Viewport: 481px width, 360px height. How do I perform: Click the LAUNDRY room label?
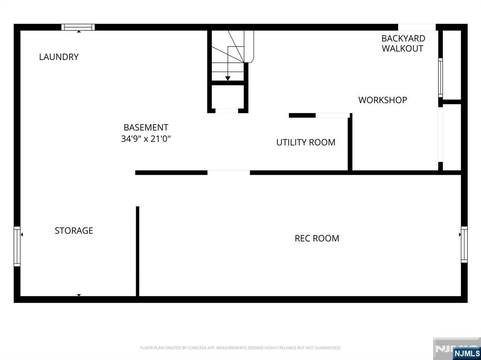(59, 57)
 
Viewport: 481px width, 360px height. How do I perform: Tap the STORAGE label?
(74, 230)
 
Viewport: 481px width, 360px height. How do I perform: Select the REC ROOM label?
(317, 238)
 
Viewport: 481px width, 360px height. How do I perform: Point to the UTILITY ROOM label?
(306, 142)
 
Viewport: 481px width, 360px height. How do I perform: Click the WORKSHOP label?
(382, 100)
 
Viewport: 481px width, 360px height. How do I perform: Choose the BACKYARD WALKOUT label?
(403, 43)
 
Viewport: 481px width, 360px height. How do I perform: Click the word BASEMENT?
(146, 127)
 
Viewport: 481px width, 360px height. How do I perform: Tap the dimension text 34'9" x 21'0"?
(146, 138)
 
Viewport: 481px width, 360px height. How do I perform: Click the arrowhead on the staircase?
(228, 78)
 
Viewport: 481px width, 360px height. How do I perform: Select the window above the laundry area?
(78, 27)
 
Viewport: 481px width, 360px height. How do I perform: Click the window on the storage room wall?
(17, 246)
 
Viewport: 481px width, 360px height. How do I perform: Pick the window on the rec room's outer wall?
(464, 245)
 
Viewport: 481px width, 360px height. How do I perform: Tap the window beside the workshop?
(441, 77)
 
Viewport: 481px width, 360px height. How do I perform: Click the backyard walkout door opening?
(417, 27)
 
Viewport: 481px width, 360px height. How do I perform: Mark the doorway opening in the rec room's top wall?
(229, 173)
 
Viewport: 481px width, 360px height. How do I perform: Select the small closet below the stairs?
(228, 97)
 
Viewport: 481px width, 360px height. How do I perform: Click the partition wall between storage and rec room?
(138, 252)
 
